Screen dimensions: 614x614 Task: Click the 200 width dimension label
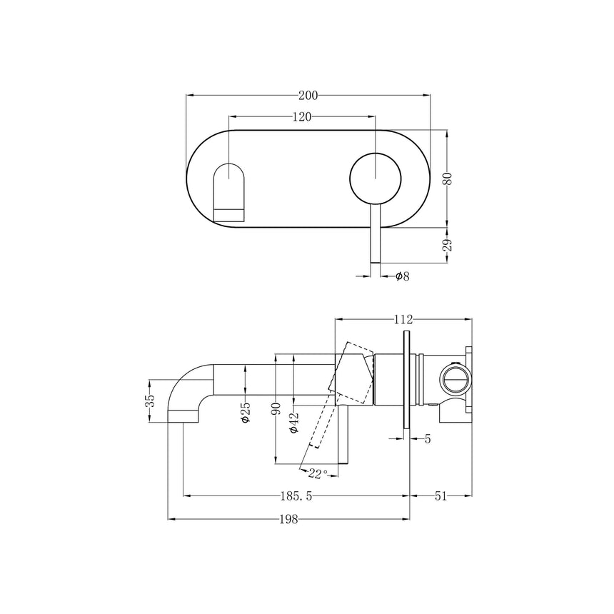308,95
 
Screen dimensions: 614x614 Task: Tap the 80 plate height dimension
448,178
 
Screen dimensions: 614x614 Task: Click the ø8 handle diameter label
402,276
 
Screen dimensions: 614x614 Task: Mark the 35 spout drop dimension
150,401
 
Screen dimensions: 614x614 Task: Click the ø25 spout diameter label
246,413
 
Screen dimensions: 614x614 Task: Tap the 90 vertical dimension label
276,410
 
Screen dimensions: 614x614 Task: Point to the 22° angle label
318,473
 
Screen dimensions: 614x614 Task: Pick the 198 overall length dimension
288,519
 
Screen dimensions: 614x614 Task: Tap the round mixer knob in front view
376,178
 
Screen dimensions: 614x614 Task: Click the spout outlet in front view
230,193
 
